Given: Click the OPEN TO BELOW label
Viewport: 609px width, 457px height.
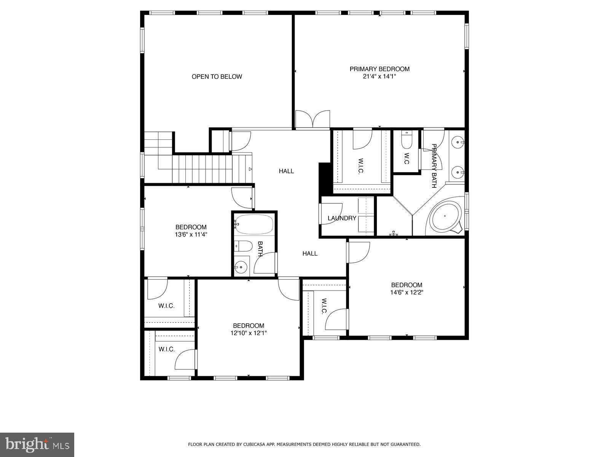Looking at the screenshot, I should (217, 77).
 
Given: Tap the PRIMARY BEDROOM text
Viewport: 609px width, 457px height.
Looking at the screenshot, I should (379, 69).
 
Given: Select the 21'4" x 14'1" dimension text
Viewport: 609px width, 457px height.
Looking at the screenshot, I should (379, 76).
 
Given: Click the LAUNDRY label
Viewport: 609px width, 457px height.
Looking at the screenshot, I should (342, 218).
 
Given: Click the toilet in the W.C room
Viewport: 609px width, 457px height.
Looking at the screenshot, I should (406, 141).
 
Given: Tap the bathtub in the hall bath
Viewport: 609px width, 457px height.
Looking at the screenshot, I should (254, 224).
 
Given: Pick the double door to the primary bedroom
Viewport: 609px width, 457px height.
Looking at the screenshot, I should (312, 119).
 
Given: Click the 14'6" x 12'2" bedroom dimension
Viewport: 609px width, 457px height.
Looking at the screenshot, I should (407, 292).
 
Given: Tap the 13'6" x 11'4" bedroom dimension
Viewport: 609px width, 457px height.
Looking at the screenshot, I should (191, 235).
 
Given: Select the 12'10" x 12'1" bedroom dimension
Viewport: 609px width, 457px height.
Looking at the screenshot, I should (249, 333).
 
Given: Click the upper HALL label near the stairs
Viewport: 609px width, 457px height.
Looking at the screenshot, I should (286, 171).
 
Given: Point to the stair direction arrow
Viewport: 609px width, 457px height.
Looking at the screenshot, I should (250, 169).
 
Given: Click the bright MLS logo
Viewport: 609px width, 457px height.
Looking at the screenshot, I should (37, 443).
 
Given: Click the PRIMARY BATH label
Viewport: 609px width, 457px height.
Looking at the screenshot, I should (434, 166).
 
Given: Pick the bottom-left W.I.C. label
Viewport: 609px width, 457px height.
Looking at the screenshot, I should (166, 349).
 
